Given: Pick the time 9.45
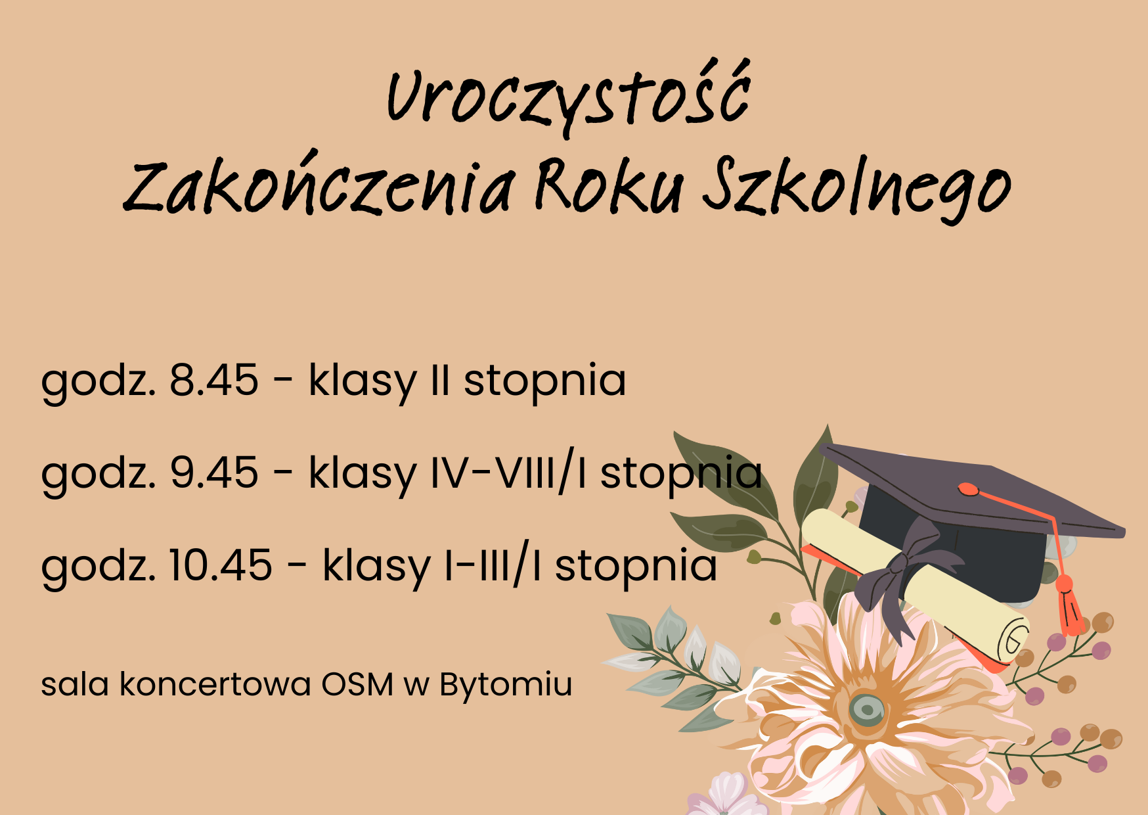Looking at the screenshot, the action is click(x=214, y=473).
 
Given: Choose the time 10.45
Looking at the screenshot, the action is click(x=221, y=565).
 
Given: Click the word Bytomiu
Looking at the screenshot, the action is click(x=506, y=685).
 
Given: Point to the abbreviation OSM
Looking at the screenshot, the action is click(x=357, y=684).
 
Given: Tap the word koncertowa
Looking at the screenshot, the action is click(x=215, y=684).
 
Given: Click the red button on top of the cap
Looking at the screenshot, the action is click(x=968, y=489).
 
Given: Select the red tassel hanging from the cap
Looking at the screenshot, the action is click(x=1069, y=605).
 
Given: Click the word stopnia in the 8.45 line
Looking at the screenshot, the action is click(x=544, y=381).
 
